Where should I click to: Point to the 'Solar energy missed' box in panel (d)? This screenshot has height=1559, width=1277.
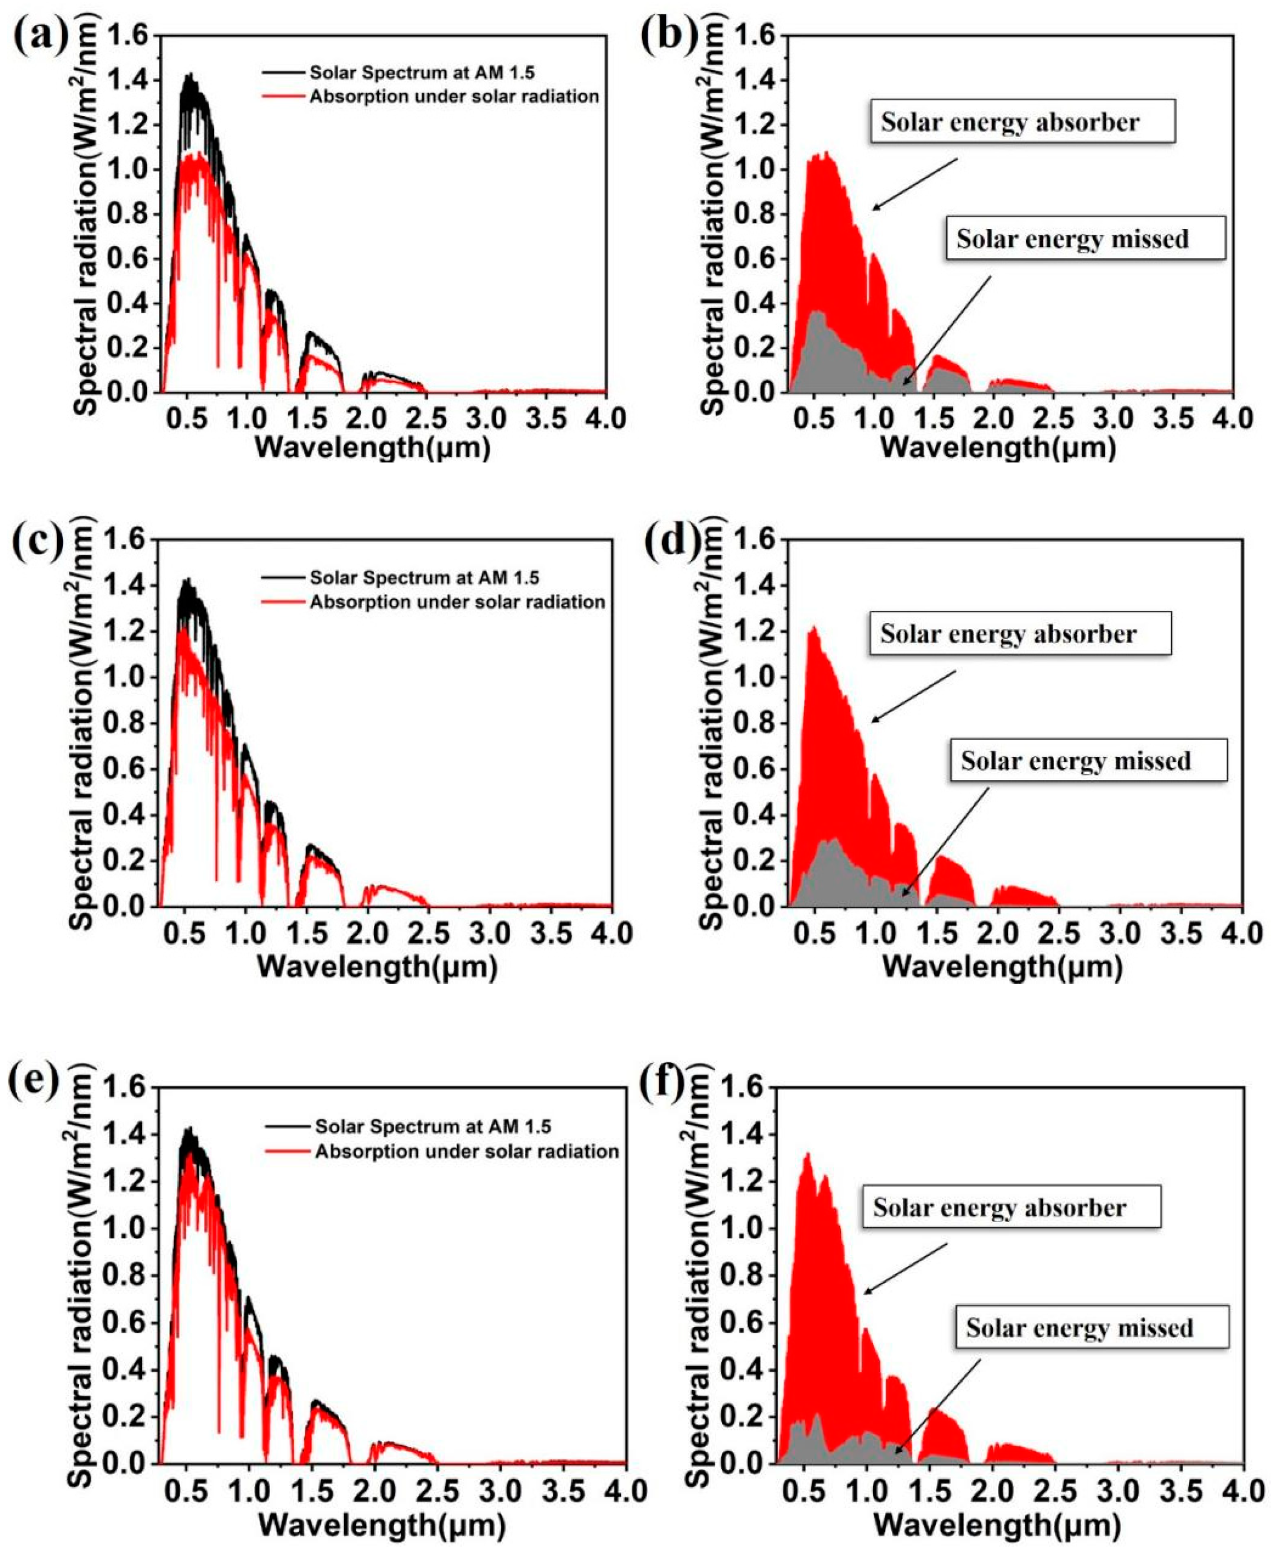click(x=1075, y=760)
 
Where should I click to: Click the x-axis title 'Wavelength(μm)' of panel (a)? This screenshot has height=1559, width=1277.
click(x=371, y=448)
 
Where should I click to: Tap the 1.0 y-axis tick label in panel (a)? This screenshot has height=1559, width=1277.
click(x=127, y=170)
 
